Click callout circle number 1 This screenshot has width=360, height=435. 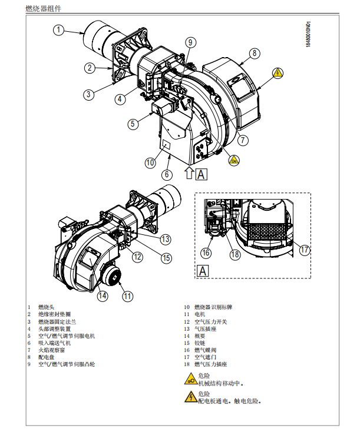(x=59, y=29)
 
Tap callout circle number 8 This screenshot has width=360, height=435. (x=254, y=53)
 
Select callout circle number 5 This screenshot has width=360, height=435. (x=133, y=124)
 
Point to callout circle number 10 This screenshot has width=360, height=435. (x=150, y=162)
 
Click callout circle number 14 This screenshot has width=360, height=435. (x=103, y=295)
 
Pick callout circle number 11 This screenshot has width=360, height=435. (x=128, y=295)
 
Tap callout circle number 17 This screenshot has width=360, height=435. (x=304, y=250)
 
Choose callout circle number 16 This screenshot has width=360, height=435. (x=206, y=253)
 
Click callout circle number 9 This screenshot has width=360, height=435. (x=190, y=42)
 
